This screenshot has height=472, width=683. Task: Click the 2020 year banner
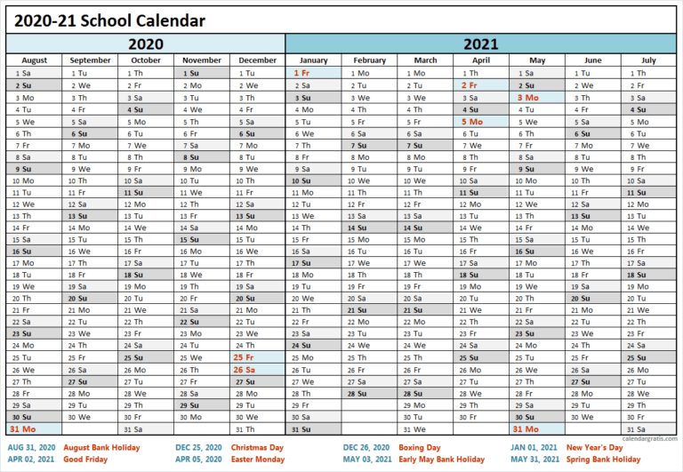[146, 44]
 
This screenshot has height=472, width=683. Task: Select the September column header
[90, 60]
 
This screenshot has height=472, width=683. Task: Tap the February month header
[369, 60]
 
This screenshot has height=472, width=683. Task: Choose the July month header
[647, 60]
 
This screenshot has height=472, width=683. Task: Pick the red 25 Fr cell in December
[244, 358]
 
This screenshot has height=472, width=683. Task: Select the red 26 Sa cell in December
[244, 370]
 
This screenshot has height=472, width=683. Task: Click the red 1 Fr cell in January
[301, 73]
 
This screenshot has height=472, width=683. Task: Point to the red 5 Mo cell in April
[471, 121]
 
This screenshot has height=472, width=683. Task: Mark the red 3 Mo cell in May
[527, 97]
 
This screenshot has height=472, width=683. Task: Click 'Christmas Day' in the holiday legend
[257, 447]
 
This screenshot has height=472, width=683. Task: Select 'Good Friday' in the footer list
[86, 460]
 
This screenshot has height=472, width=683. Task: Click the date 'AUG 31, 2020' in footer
[31, 447]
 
